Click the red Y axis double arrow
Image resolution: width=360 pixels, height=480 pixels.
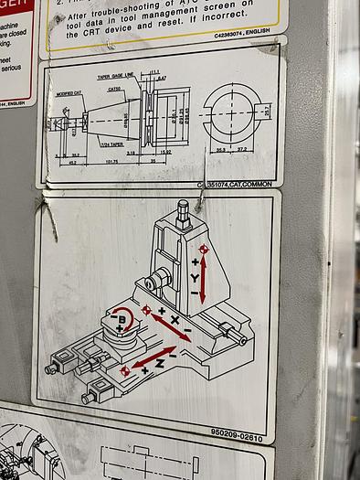coord(204,280)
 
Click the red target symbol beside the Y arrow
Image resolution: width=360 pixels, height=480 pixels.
coord(205,250)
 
